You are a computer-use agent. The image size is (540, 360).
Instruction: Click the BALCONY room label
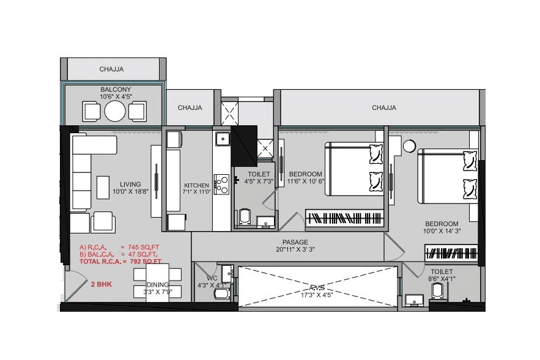[116, 89]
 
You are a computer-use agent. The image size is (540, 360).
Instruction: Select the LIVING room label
[130, 184]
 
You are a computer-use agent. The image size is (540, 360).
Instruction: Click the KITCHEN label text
[197, 185]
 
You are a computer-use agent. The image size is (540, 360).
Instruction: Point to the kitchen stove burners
[221, 184]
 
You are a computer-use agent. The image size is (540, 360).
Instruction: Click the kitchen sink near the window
[221, 138]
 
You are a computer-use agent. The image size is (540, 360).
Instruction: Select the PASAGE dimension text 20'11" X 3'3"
[295, 250]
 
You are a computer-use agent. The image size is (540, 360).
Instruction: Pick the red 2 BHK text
[101, 285]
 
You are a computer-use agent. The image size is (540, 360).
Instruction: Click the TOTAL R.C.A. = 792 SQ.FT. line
[120, 262]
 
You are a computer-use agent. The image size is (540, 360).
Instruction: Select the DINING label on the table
[157, 284]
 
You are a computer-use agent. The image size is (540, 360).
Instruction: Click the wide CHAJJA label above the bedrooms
[383, 108]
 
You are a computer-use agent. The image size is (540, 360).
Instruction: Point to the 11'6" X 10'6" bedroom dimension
[305, 182]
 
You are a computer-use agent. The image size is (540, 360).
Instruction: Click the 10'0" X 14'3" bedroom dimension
[442, 232]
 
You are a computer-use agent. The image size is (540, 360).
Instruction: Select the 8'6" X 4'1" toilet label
[442, 279]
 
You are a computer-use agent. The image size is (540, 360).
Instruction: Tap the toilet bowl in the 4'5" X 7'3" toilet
[245, 216]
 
